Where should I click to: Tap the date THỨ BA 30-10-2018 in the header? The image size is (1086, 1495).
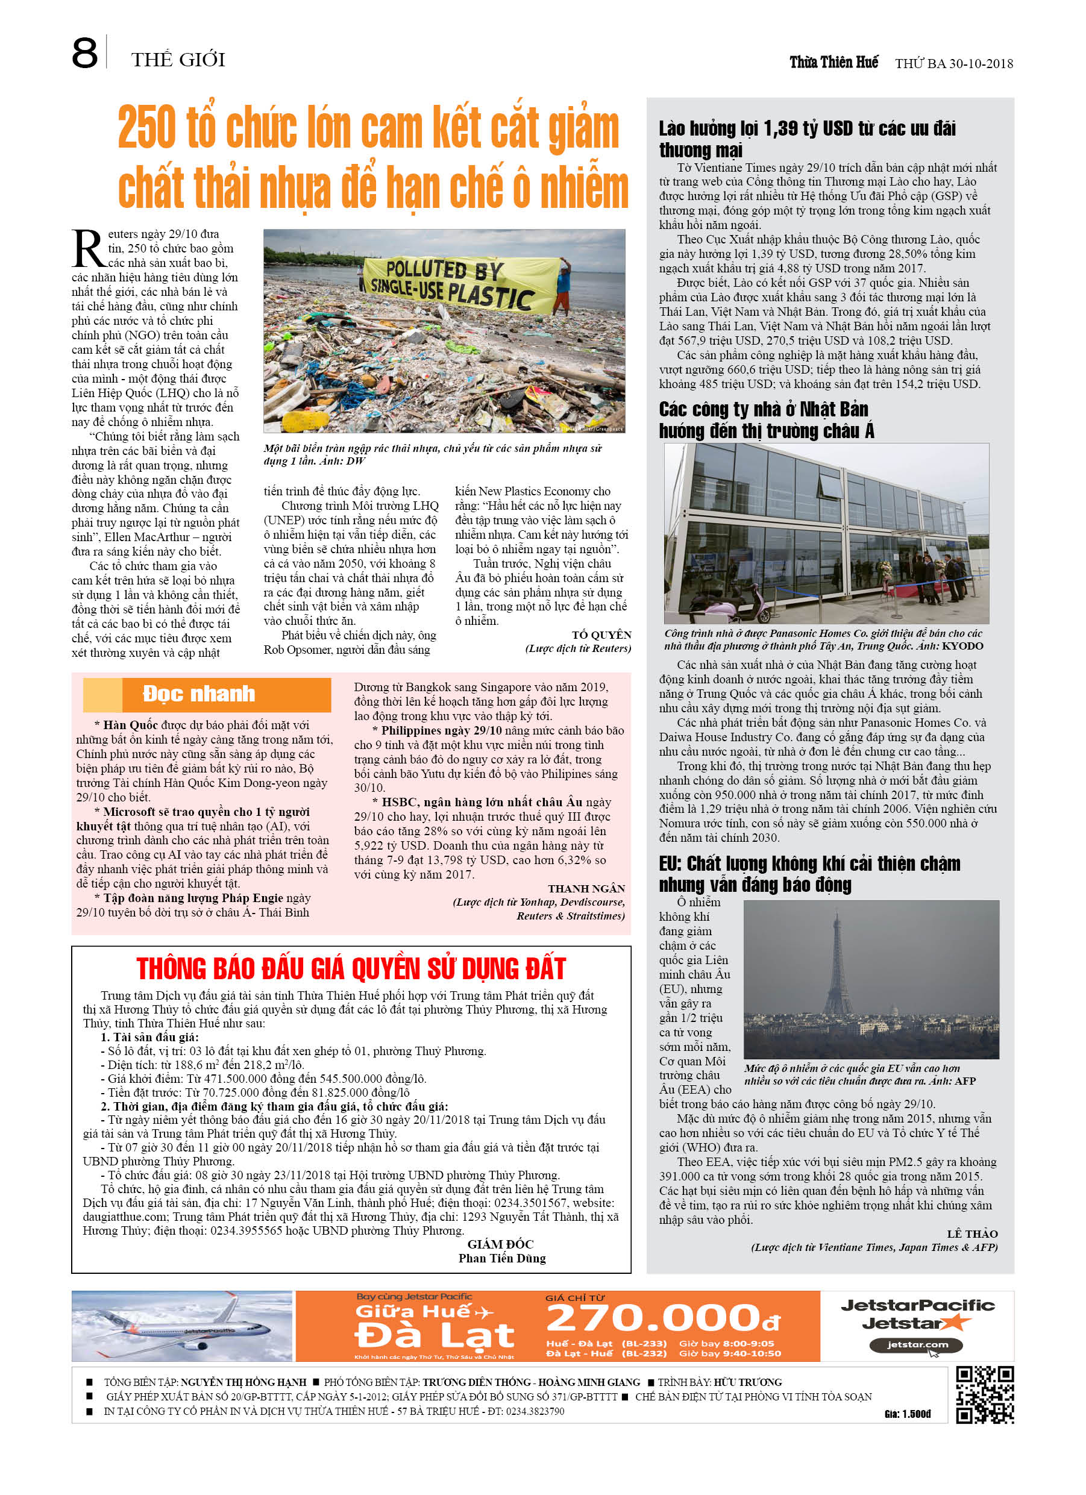[953, 63]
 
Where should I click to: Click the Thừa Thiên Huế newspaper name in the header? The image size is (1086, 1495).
[833, 62]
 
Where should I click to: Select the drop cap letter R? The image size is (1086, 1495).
[88, 249]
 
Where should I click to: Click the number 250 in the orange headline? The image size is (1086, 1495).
[146, 128]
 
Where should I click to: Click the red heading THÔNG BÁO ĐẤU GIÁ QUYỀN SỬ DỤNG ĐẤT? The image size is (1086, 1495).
[351, 968]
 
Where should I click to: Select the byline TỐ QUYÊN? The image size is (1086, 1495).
[601, 635]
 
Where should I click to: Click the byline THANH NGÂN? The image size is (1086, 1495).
[586, 889]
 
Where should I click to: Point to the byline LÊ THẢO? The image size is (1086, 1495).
[972, 1233]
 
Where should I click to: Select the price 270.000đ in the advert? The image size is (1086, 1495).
[663, 1318]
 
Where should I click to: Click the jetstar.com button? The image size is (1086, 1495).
[917, 1345]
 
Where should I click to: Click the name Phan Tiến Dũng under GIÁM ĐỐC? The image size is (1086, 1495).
[502, 1258]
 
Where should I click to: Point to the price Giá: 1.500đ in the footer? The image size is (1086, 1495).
[906, 1414]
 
